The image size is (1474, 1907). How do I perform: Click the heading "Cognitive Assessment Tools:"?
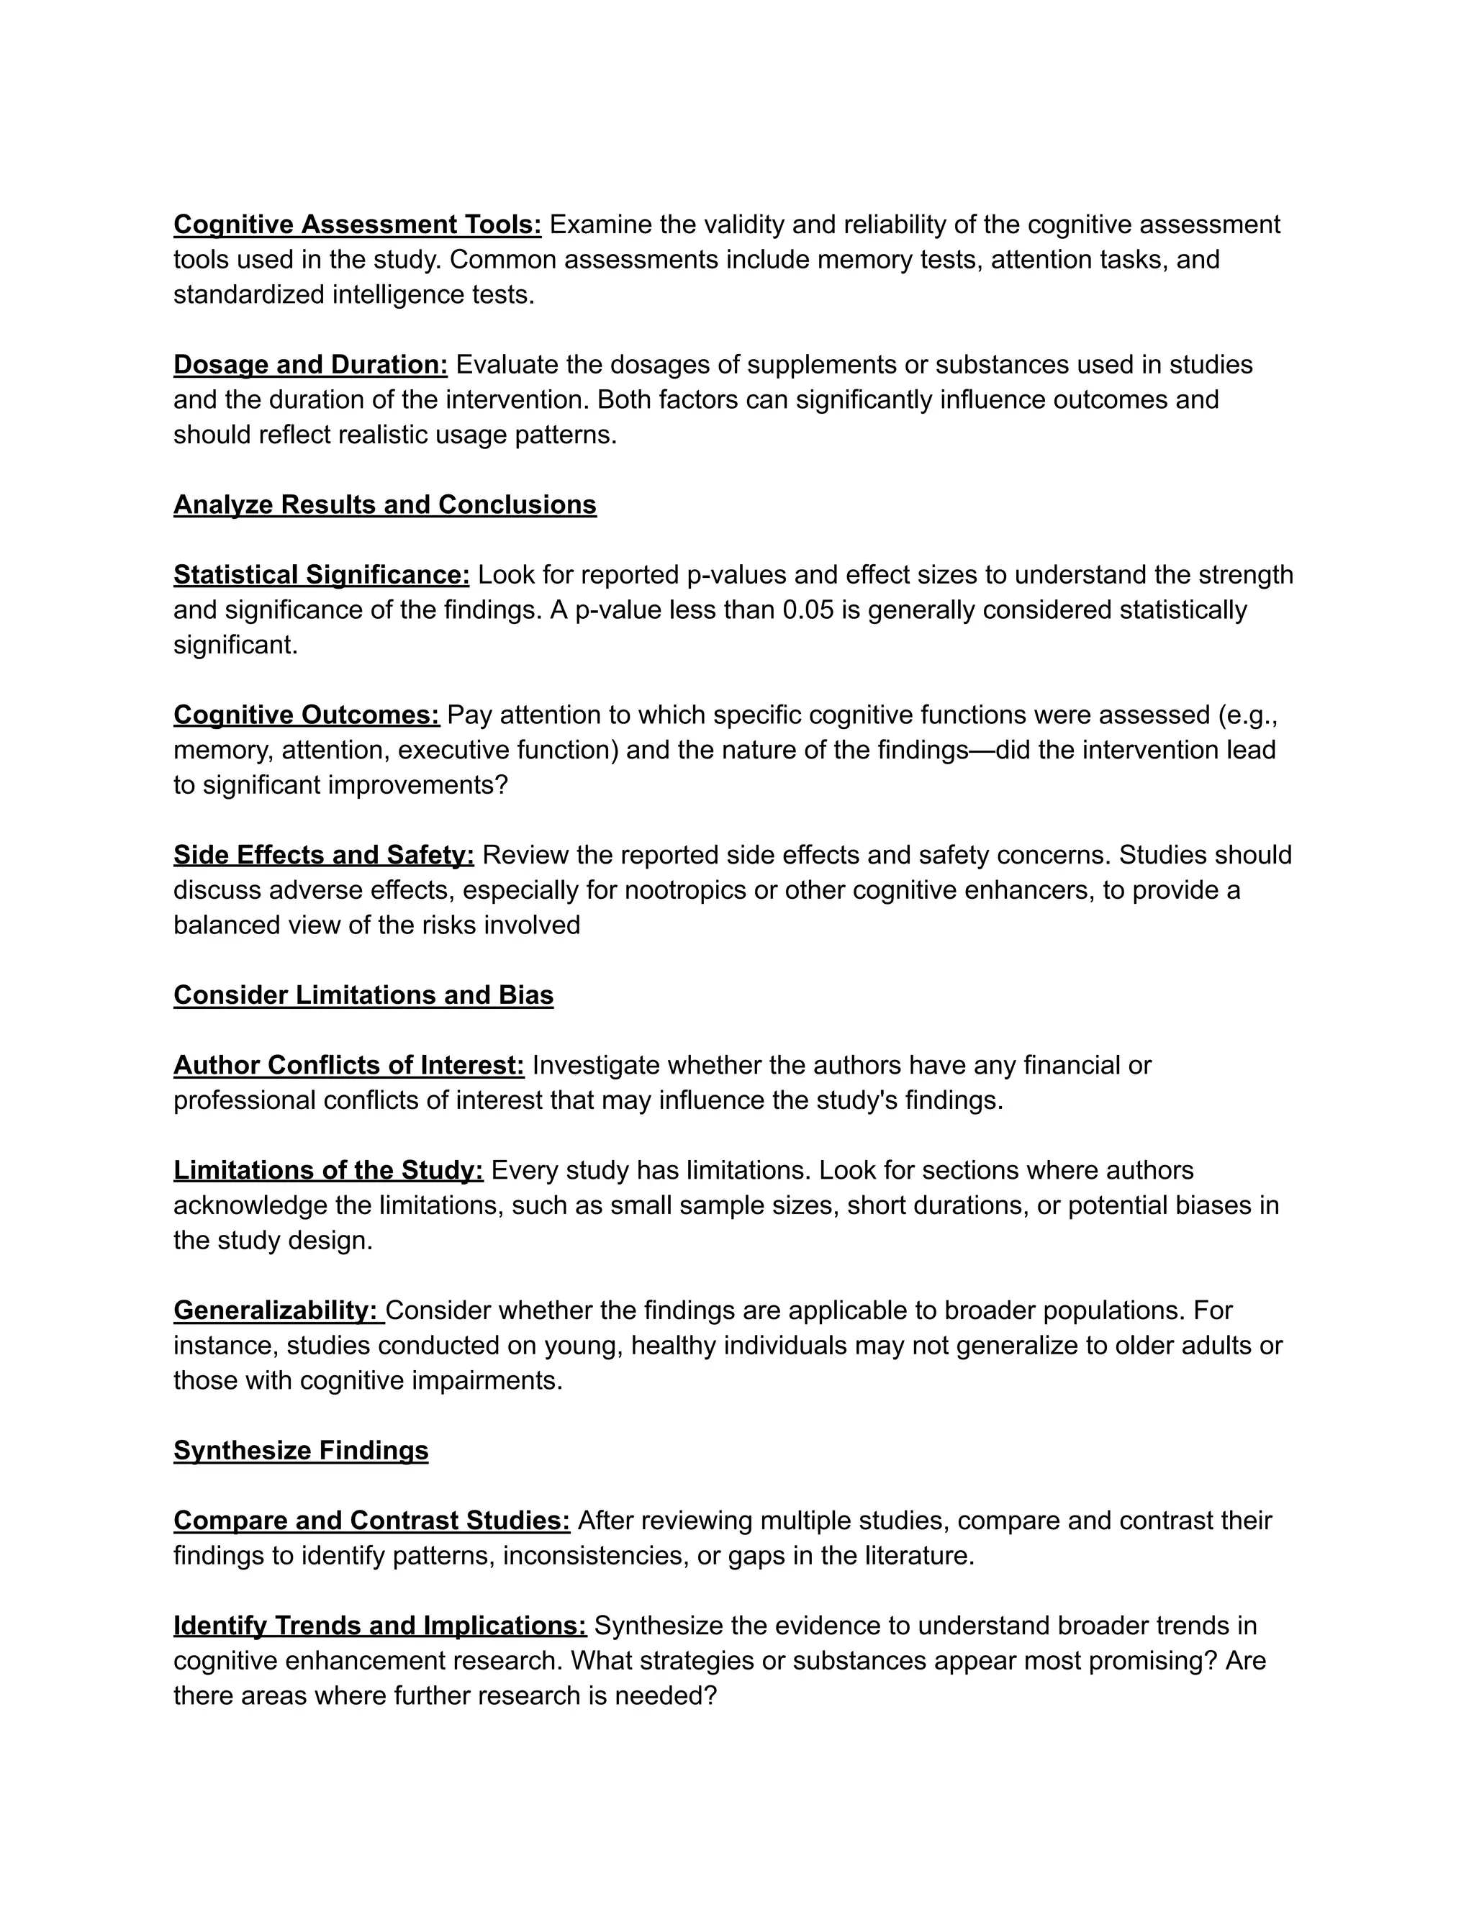tap(357, 225)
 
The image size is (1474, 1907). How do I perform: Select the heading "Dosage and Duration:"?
tap(310, 365)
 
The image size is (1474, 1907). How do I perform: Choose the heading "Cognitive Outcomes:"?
tap(306, 715)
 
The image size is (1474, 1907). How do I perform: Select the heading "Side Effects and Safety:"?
tap(323, 855)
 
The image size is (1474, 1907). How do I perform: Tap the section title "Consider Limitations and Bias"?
tap(363, 995)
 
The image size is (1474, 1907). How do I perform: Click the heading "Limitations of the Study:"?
tap(328, 1170)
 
